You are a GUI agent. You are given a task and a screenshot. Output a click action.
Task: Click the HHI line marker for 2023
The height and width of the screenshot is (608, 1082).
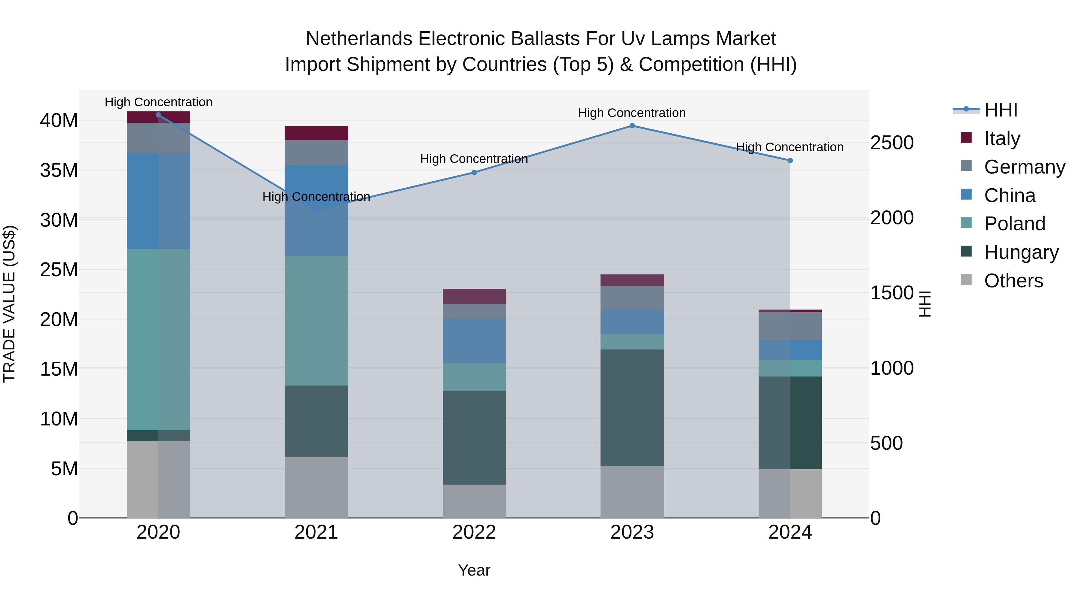[x=632, y=126]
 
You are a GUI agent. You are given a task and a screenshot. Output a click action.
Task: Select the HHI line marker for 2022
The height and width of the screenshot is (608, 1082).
[x=474, y=172]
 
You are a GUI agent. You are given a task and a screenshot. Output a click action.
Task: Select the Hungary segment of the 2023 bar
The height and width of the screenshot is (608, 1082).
[x=632, y=407]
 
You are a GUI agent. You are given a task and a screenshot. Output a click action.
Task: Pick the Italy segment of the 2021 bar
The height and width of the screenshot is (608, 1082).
[x=316, y=133]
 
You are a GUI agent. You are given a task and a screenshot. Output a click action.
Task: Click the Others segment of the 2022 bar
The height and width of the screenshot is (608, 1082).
[x=474, y=501]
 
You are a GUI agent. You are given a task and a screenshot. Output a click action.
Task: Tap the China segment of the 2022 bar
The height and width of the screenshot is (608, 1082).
[x=474, y=341]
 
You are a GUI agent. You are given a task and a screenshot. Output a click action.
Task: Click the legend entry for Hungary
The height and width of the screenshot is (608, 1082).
[x=1021, y=252]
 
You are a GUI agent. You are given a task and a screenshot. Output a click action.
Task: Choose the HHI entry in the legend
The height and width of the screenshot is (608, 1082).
[x=1001, y=110]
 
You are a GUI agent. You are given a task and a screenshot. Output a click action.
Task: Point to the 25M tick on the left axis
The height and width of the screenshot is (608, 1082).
[x=59, y=270]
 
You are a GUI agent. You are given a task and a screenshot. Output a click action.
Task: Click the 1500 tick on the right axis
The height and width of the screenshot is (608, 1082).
[x=892, y=293]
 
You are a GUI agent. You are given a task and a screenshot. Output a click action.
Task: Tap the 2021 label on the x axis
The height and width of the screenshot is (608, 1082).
[x=316, y=532]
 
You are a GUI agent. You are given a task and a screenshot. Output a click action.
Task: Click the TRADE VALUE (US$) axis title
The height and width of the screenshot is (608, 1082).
[x=9, y=304]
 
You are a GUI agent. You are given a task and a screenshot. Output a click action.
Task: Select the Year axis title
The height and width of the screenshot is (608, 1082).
[x=474, y=570]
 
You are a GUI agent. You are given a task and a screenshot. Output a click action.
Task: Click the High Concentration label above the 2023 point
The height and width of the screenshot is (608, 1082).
[x=632, y=113]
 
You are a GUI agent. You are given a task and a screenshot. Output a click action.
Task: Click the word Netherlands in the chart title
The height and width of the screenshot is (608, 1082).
[x=359, y=39]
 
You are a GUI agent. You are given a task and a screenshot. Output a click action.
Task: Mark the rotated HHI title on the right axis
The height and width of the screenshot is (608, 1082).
[x=925, y=304]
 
